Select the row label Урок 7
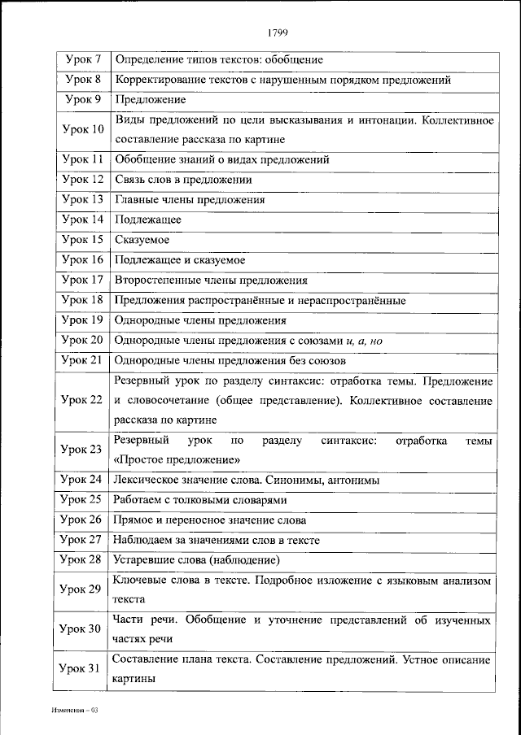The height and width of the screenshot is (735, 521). tap(83, 60)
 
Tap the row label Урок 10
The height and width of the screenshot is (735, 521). tap(83, 130)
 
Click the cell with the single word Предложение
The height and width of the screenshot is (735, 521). tap(151, 100)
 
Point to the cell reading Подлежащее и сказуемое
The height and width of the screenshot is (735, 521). tap(180, 260)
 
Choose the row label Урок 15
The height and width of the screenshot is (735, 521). tap(83, 240)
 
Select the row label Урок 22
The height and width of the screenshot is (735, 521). tap(83, 400)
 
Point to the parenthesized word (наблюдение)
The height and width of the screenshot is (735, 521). tap(243, 559)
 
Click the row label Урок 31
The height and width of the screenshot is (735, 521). tap(83, 668)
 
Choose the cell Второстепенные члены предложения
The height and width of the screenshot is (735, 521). tap(211, 281)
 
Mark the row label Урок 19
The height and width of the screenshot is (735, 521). tap(83, 320)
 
